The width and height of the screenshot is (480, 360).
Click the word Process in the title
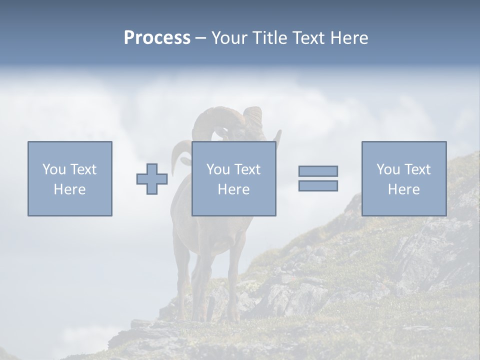coord(157,38)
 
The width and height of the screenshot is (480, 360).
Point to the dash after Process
coord(200,38)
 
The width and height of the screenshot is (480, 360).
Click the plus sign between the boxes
coord(152,179)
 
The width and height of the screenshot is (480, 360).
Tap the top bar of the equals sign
coord(318,171)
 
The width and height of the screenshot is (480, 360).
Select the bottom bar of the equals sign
coord(318,185)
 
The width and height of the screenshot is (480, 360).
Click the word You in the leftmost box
coord(53,169)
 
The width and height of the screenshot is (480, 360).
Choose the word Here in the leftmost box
coord(69,189)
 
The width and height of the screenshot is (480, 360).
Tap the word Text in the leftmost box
coord(82,169)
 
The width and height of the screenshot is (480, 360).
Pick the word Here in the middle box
coord(233,189)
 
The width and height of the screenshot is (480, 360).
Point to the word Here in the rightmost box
coord(403,189)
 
